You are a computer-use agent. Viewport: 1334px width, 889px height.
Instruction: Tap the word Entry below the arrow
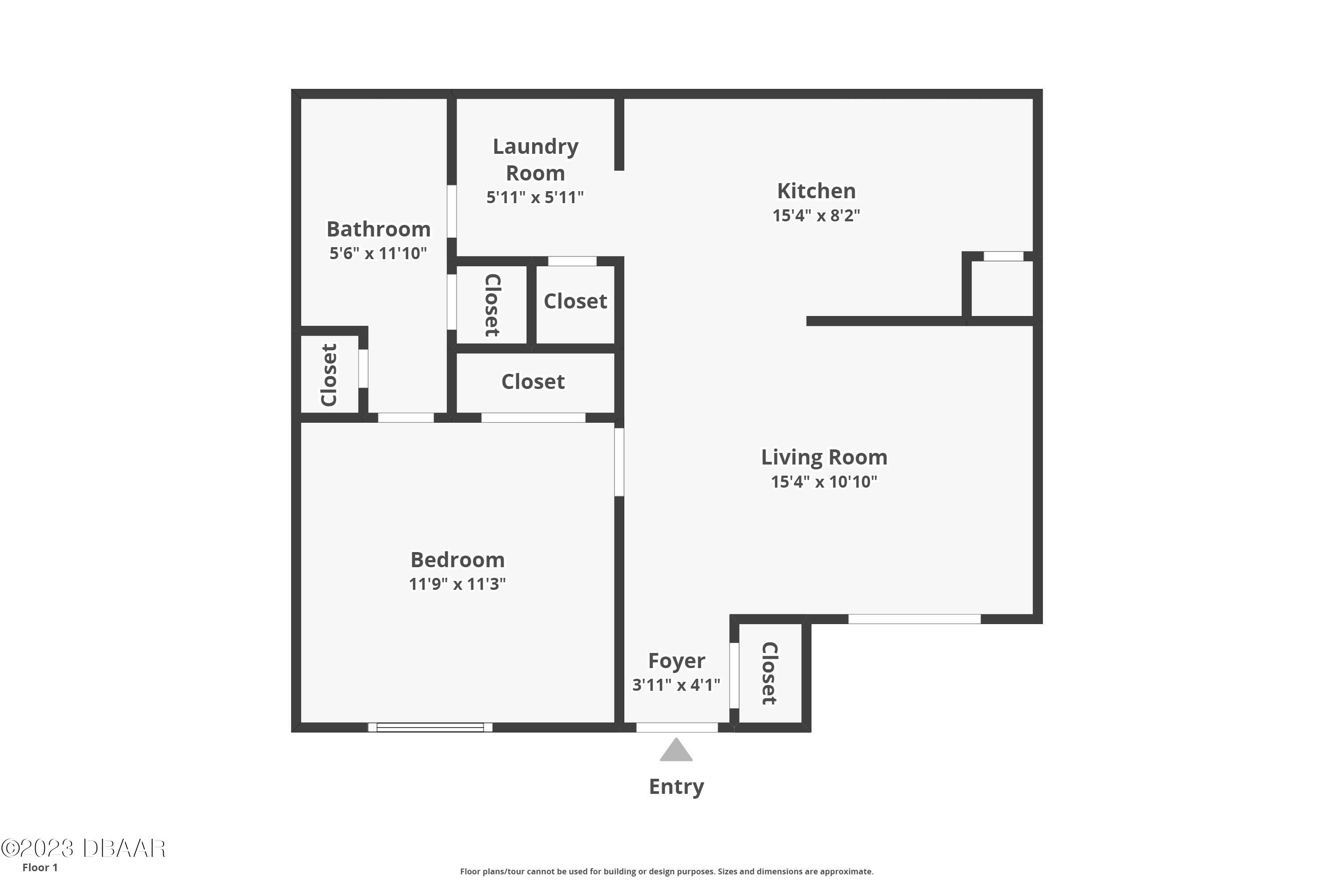click(676, 787)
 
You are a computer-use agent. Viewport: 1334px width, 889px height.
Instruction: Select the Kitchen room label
click(816, 191)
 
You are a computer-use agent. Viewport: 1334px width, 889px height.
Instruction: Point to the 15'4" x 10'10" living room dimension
click(824, 482)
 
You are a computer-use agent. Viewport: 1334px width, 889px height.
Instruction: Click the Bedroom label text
click(457, 560)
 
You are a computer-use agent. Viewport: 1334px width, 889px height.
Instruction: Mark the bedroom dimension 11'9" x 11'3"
click(457, 584)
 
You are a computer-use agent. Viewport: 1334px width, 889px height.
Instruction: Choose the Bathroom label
click(378, 229)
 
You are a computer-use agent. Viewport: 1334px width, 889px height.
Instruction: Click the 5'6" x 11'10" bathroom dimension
click(378, 253)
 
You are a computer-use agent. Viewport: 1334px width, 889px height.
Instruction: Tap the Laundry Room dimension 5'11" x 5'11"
click(535, 197)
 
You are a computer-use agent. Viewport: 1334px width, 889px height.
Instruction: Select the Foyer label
click(676, 661)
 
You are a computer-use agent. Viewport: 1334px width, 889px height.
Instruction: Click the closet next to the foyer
click(770, 673)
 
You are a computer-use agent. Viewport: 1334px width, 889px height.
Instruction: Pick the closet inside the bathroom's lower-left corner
click(329, 375)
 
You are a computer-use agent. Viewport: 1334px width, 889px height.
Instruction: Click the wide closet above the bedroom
click(533, 381)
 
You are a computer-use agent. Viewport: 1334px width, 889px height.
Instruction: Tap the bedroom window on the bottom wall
click(430, 727)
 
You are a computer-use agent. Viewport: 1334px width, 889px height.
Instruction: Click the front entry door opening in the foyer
click(677, 727)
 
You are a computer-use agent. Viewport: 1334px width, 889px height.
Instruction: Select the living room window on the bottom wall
click(914, 619)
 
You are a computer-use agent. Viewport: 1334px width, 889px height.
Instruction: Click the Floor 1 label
click(40, 868)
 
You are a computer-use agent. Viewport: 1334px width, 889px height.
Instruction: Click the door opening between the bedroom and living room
click(619, 462)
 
